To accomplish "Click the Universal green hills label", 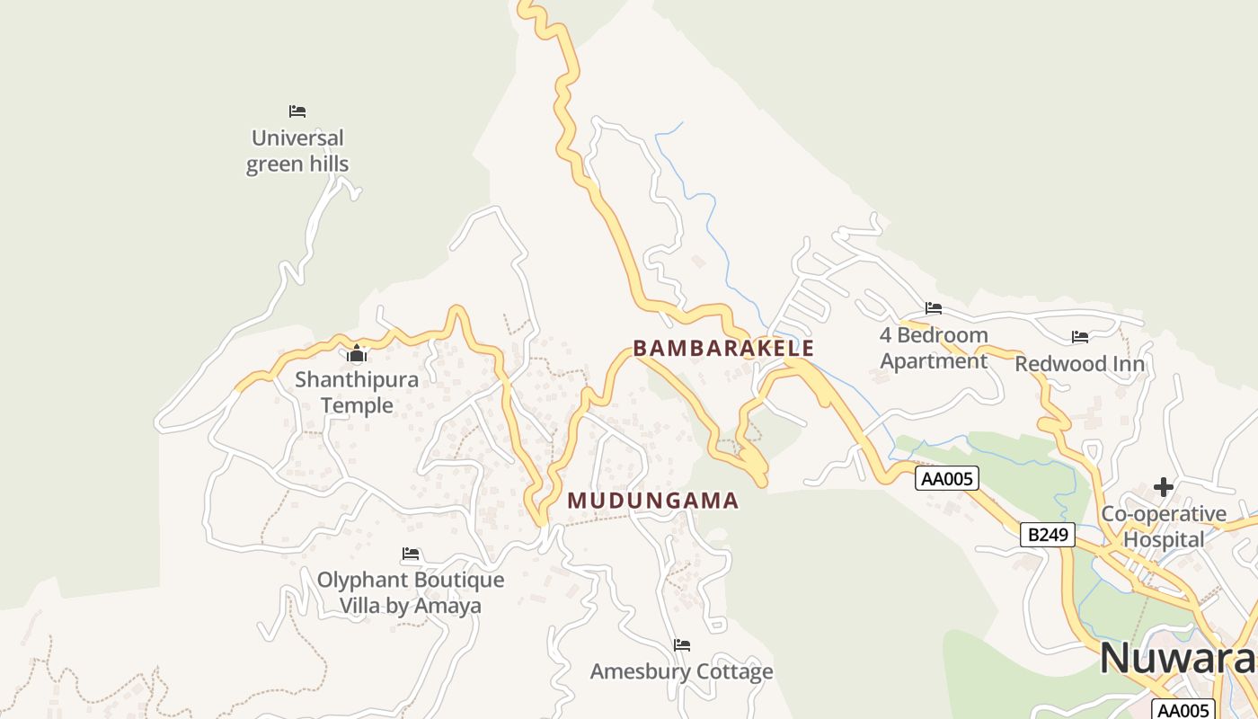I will [297, 151].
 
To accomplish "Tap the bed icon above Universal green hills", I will [297, 111].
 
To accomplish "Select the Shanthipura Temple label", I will [357, 392].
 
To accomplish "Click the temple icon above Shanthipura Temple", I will [357, 353].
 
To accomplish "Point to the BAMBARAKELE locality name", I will [723, 349].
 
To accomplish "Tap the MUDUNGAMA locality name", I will [653, 501].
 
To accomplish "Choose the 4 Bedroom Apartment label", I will [934, 348].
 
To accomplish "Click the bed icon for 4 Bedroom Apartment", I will [934, 308].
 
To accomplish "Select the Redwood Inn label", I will [1079, 364].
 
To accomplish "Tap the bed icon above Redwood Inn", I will [1080, 337].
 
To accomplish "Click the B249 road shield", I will [1048, 535].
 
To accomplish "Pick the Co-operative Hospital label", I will [1164, 527].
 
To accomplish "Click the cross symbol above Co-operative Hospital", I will [1164, 487].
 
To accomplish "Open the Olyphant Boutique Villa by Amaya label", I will [411, 592].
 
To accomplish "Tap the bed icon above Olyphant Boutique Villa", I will [411, 554].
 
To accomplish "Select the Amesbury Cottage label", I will [681, 671].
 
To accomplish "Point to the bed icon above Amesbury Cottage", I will [682, 644].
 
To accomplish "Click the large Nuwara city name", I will [1177, 658].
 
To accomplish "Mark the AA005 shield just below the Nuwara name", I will [1183, 710].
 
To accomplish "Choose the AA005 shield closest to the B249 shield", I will [947, 478].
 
